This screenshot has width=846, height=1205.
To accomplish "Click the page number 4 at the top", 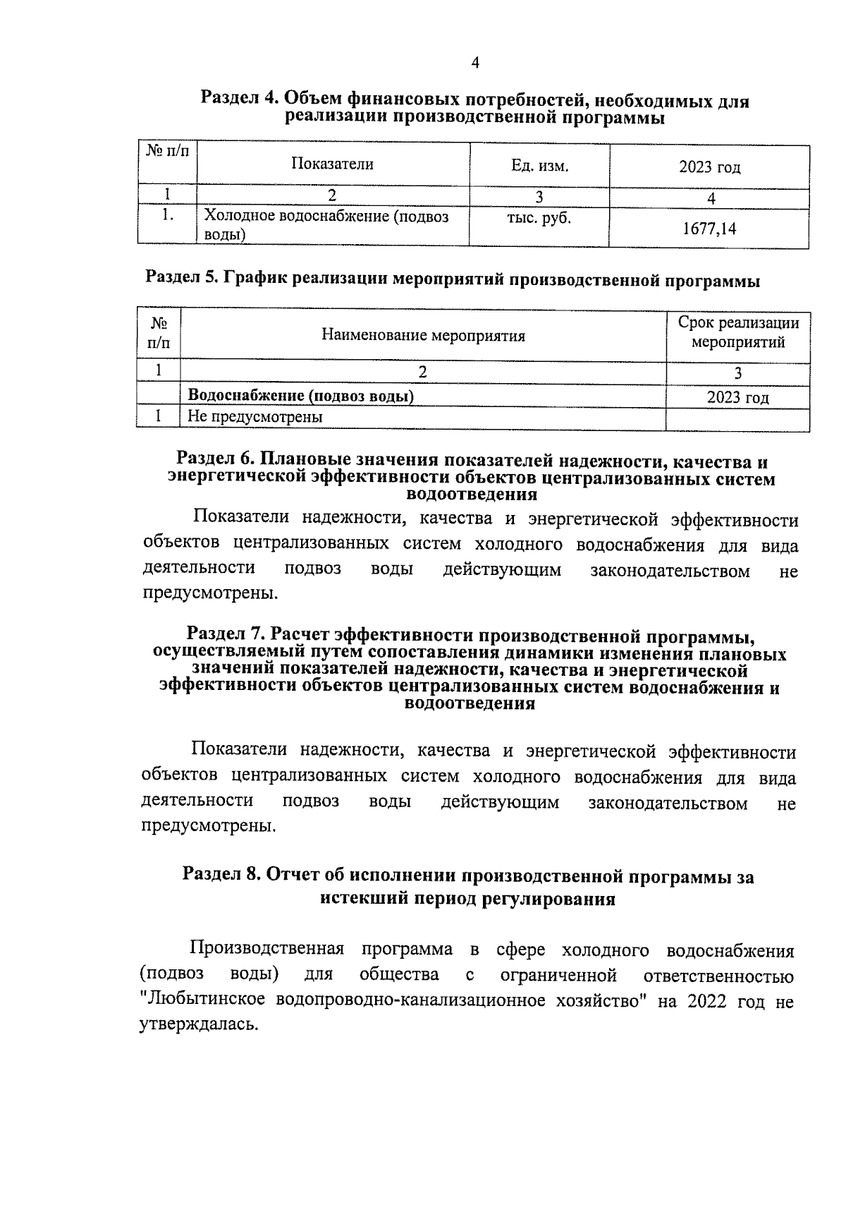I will click(x=474, y=63).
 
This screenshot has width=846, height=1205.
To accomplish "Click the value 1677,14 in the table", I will click(x=709, y=229).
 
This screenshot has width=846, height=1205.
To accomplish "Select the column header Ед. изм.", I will click(x=539, y=166).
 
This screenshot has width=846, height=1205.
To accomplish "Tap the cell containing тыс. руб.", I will click(x=539, y=219).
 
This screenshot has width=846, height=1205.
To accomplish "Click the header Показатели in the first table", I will click(x=333, y=164).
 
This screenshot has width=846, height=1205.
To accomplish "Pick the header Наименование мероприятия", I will click(x=423, y=335).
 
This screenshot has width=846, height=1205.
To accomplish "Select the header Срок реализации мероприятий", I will click(x=737, y=333).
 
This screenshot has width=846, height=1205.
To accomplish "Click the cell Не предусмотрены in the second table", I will click(x=255, y=417).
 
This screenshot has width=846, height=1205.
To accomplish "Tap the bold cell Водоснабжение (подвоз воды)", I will click(x=300, y=396).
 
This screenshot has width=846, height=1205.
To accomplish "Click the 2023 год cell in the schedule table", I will click(x=737, y=398).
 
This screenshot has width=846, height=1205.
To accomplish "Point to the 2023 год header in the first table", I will click(x=709, y=167).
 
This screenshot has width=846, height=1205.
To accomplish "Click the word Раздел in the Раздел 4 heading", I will click(x=230, y=99).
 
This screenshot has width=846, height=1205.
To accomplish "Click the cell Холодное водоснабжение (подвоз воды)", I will click(x=326, y=226).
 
